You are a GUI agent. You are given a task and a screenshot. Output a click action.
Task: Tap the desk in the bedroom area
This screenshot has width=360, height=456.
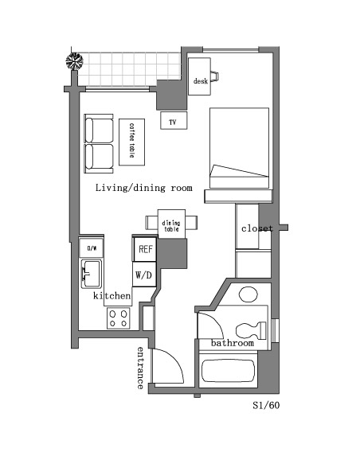click(x=199, y=76)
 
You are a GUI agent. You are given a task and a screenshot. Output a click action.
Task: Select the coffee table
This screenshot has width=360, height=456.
click(x=132, y=142)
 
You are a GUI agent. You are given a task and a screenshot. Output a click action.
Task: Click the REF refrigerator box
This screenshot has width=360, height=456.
click(x=145, y=249)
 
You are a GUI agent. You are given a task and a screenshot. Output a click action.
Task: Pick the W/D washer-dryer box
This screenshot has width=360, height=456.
click(x=144, y=275)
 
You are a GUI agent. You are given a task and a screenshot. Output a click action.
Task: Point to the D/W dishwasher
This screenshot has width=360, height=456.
click(x=92, y=247)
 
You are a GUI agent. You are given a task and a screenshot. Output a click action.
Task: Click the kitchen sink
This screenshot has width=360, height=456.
click(x=91, y=274)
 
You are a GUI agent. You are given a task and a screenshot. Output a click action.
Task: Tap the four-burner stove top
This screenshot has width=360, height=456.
click(x=119, y=318)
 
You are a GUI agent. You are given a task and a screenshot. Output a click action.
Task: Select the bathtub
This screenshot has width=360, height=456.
click(x=228, y=371)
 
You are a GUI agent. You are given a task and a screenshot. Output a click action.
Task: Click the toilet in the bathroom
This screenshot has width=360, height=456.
click(x=251, y=331)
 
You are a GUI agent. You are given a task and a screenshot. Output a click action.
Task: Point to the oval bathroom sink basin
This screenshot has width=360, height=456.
click(x=248, y=294)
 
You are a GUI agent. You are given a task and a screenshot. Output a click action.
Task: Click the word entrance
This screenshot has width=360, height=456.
click(x=140, y=368)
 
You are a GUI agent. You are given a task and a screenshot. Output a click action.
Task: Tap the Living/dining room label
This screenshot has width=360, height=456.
click(x=144, y=188)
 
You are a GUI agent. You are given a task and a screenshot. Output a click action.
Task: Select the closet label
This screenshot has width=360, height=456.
click(x=257, y=228)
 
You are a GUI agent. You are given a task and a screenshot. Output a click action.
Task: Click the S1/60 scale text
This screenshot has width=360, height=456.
click(x=266, y=405)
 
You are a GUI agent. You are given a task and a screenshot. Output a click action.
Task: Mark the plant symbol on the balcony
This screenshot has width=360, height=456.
click(x=75, y=61)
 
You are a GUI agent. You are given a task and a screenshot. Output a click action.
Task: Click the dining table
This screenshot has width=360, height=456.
click(x=171, y=224)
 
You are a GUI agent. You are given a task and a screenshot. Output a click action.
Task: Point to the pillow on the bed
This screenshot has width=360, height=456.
click(x=239, y=171)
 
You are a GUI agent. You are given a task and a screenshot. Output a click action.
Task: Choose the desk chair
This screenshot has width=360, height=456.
click(x=215, y=76)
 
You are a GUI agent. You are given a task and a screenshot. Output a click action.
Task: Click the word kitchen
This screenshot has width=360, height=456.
click(x=112, y=296)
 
